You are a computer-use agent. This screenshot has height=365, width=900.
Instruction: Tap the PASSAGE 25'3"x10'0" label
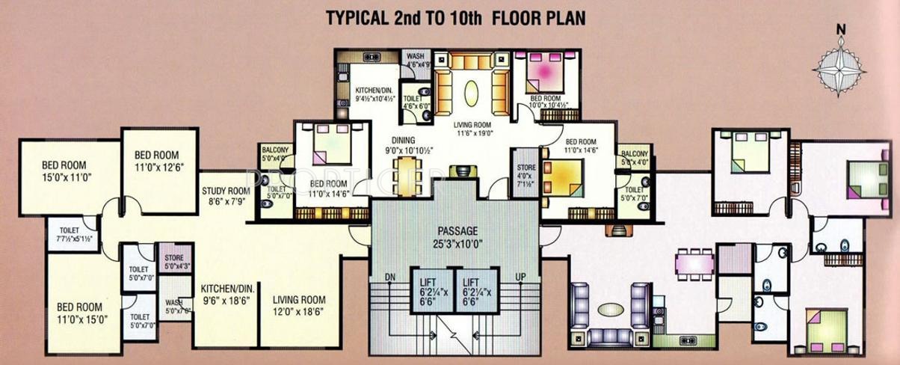pos(459,236)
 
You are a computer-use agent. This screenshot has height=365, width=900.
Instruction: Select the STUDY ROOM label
pos(225,194)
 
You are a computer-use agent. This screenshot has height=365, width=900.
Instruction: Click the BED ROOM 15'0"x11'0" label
pos(67,172)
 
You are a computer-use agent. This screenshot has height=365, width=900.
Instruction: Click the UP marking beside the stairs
pos(523,277)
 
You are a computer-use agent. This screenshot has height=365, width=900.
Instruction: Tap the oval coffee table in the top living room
pos(472,94)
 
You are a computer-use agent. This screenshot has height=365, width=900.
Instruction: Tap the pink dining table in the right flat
pos(692,263)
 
